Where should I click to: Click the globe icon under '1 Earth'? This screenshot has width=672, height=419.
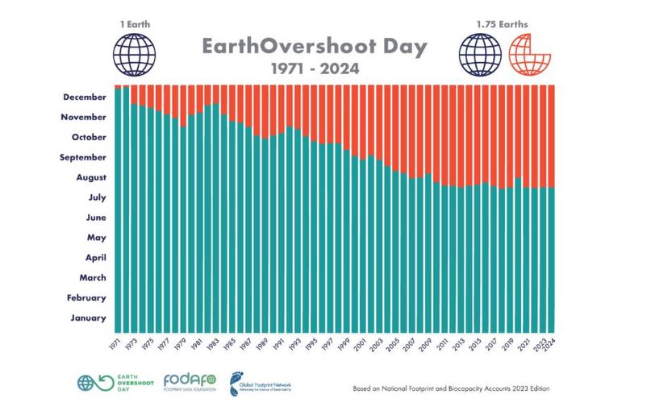point(134,54)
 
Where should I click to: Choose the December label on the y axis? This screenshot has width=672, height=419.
point(84,97)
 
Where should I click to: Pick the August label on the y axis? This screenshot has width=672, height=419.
point(89,177)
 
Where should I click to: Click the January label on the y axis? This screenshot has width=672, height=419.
point(87,317)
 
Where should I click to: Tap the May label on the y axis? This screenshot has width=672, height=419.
point(95,237)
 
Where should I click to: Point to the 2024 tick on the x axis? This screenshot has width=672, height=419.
point(552,346)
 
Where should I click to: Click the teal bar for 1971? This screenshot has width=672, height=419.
point(118,209)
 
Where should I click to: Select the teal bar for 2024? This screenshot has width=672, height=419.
point(552,258)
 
